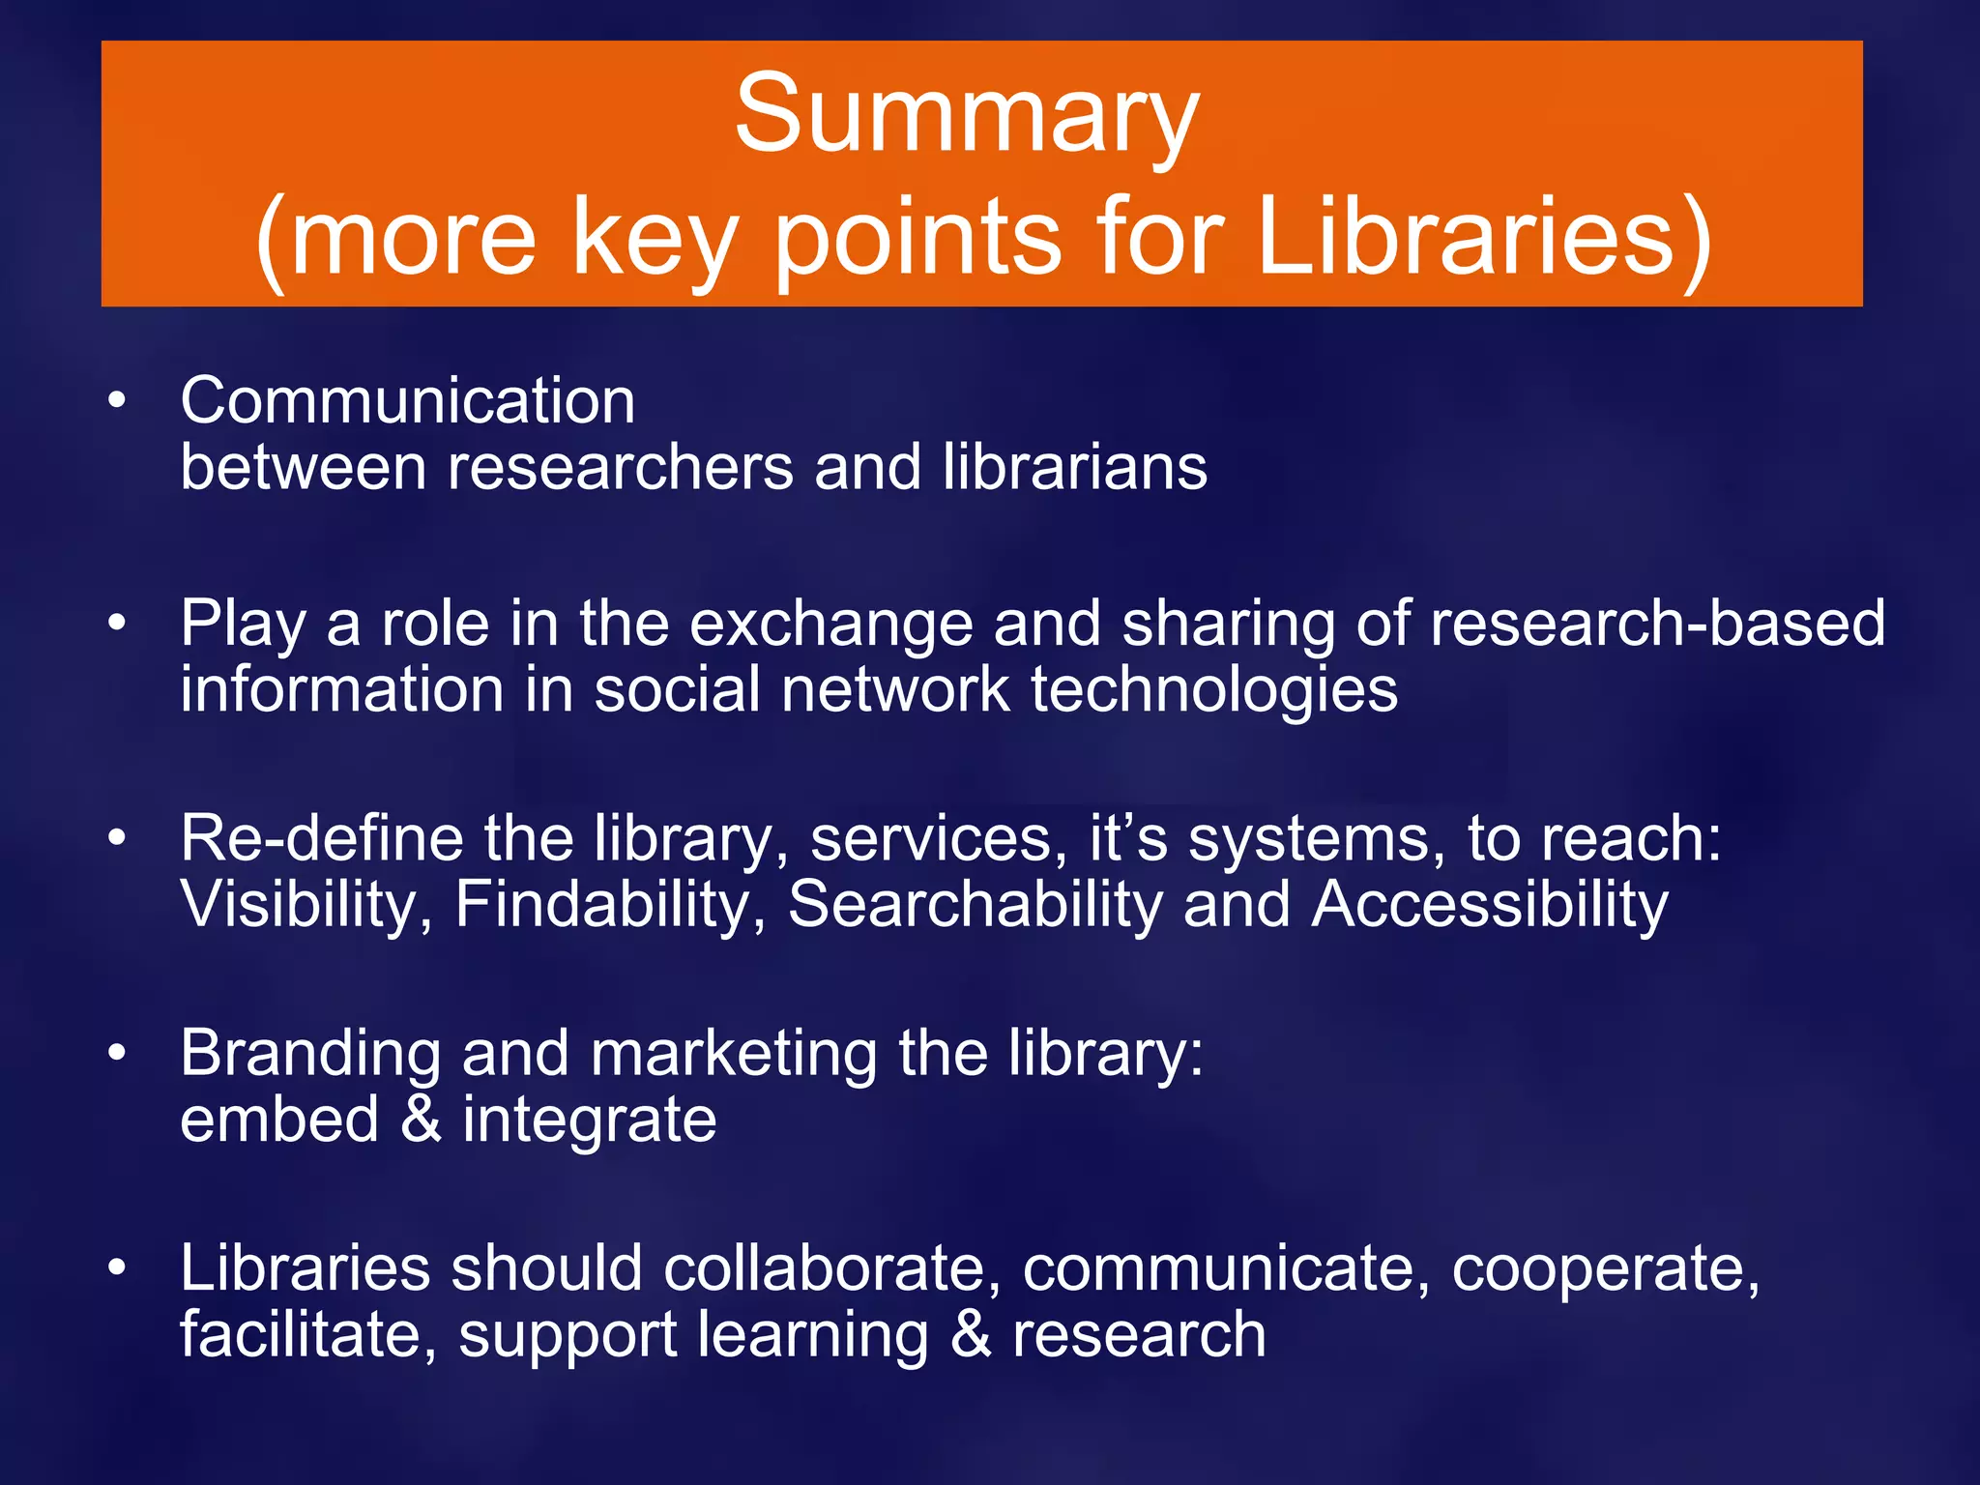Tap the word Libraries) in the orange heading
click(1484, 239)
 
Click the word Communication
click(407, 400)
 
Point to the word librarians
click(1074, 467)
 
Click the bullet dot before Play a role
click(117, 623)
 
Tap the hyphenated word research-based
click(1657, 623)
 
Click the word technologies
click(1213, 690)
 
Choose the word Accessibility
click(1489, 905)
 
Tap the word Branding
click(310, 1054)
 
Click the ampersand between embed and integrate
click(421, 1119)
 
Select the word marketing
click(734, 1054)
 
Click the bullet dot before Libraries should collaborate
click(117, 1267)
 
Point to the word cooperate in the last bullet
click(1605, 1269)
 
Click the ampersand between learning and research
click(970, 1334)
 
